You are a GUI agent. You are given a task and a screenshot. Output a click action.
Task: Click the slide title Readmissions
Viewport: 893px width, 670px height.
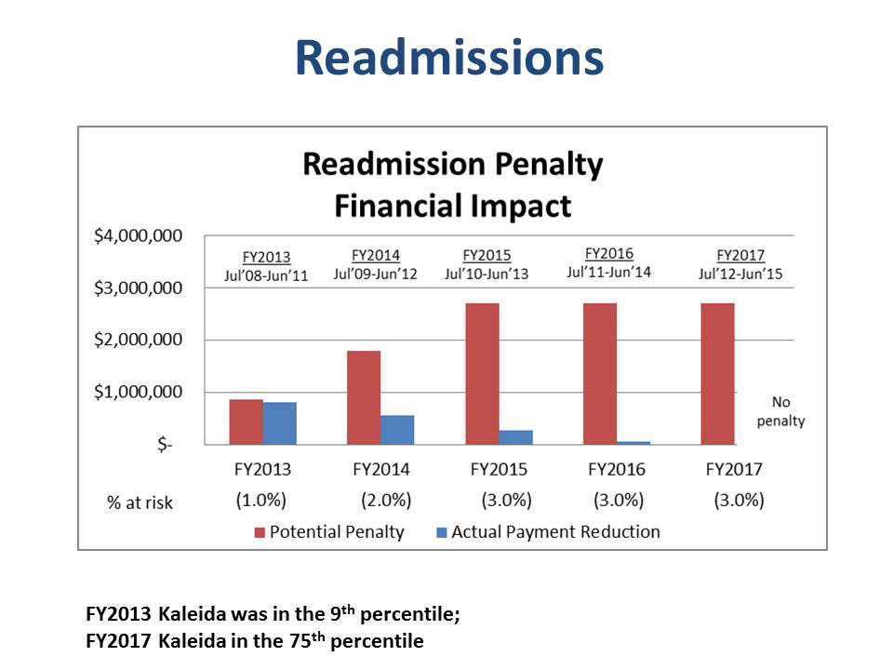(449, 58)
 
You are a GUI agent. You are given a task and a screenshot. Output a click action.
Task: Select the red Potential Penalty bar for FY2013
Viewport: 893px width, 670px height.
(246, 422)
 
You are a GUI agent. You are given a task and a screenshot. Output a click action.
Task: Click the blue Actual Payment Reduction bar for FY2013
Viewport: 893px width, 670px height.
(280, 423)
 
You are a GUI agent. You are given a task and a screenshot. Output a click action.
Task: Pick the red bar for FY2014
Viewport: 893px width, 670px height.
(364, 397)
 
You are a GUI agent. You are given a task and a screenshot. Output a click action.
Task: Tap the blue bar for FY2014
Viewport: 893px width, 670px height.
(397, 430)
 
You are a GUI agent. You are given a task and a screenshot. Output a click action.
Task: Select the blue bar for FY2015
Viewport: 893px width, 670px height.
(515, 437)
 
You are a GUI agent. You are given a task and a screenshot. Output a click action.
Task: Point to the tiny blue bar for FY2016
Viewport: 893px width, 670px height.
(633, 443)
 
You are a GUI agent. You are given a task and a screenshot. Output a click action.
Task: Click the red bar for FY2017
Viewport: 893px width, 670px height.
(717, 374)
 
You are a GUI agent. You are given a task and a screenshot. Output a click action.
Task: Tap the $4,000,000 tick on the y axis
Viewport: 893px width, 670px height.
(138, 235)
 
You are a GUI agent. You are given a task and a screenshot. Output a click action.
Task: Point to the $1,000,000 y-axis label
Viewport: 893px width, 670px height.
(138, 392)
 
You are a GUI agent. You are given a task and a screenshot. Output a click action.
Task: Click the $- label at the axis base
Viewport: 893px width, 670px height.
(166, 444)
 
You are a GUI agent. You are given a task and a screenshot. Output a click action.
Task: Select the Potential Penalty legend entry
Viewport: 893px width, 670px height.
(329, 532)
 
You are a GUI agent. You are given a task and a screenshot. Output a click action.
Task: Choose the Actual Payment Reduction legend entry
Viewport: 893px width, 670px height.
(548, 532)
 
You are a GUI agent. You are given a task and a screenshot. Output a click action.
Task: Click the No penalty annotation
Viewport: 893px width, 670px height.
(780, 411)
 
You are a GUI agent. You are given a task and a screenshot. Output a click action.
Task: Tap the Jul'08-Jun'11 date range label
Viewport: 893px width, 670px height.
(266, 275)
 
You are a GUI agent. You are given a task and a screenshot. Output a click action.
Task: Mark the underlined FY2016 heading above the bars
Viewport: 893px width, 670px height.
(608, 253)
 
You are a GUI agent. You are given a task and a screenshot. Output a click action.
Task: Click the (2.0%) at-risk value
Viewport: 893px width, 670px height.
(386, 501)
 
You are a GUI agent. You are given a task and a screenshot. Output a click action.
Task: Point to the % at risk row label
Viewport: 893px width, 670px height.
(140, 502)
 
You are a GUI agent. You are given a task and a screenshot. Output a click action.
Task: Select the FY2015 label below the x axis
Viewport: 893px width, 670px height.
(499, 469)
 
